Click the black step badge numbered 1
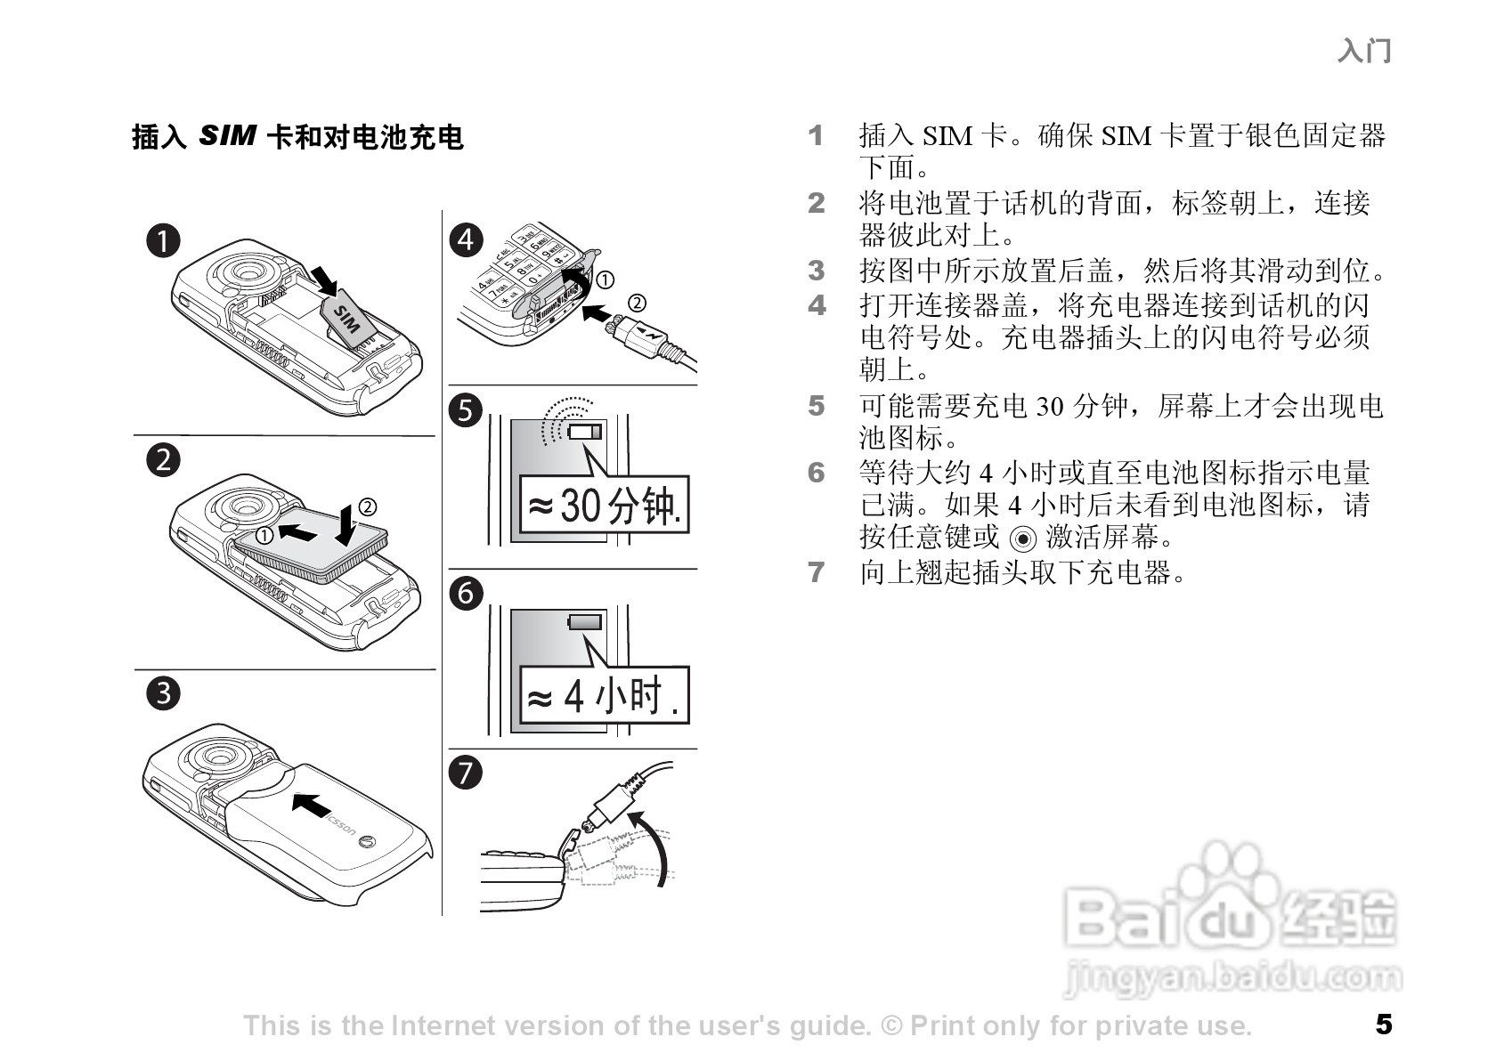(x=163, y=240)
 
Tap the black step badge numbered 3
(x=163, y=692)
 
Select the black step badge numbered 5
(x=466, y=410)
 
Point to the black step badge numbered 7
(x=466, y=772)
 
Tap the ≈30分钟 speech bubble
(x=604, y=506)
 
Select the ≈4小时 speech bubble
(x=604, y=695)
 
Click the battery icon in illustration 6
(x=585, y=622)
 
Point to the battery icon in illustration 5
(x=585, y=433)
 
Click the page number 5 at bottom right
(x=1383, y=1025)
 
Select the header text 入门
(x=1363, y=51)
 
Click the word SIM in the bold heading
(x=227, y=136)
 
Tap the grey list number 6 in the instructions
(x=817, y=473)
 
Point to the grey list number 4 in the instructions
(x=817, y=305)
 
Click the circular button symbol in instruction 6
(x=1024, y=539)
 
